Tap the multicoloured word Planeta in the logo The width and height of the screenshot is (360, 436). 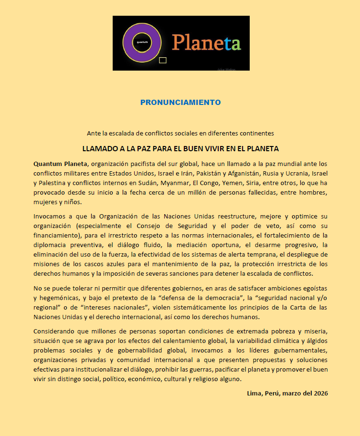(206, 42)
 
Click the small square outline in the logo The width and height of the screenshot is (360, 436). (163, 60)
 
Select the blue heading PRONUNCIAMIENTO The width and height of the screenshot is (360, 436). (180, 102)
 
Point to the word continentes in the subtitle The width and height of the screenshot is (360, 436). (257, 133)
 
